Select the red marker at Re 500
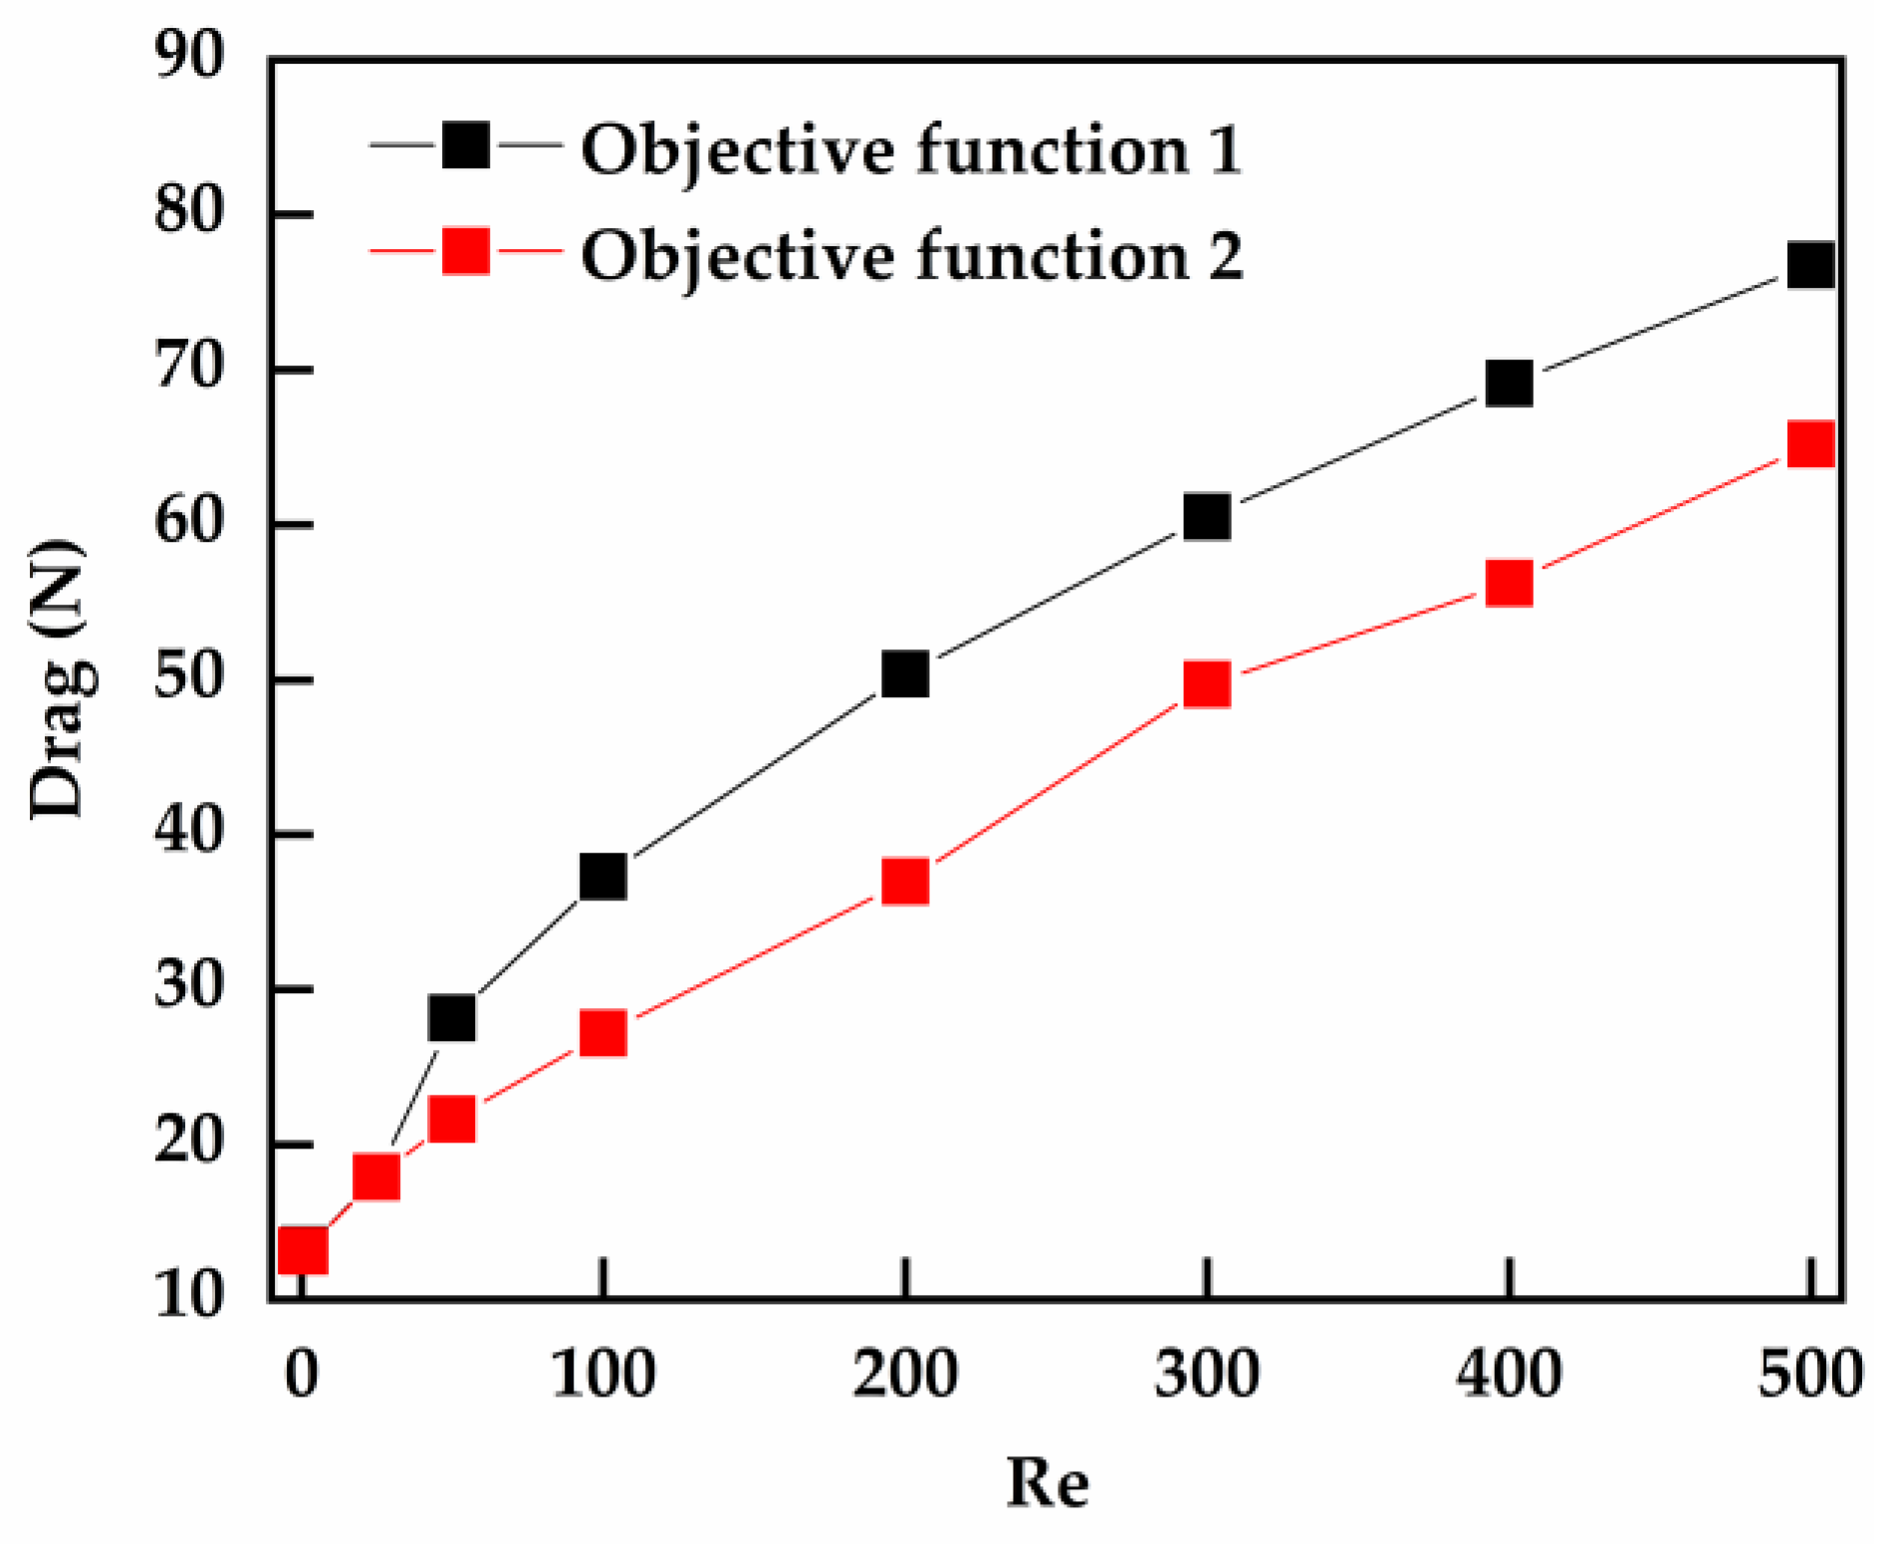coord(1809,444)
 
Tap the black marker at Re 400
coord(1508,384)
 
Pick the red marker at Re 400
coord(1508,584)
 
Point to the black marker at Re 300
coord(1206,517)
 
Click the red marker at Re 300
coord(1206,685)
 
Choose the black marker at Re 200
coord(904,674)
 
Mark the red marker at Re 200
coord(904,882)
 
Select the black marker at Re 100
coord(602,877)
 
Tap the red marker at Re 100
coord(602,1033)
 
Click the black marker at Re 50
coord(451,1018)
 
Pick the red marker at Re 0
coord(302,1249)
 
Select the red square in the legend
coord(465,251)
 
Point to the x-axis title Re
coord(1048,1482)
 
